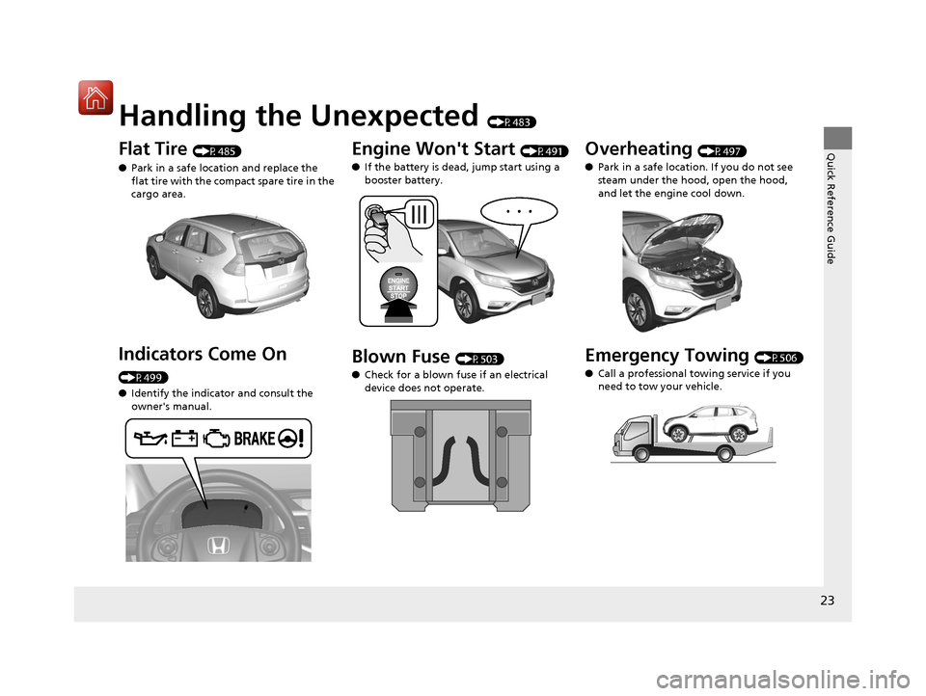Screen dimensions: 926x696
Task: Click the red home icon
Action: point(95,97)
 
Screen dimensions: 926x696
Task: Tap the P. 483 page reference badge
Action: point(512,121)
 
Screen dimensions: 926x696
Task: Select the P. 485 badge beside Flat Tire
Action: point(217,151)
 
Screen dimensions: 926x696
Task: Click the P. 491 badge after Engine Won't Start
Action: point(544,151)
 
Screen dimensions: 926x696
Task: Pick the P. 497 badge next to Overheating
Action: point(722,151)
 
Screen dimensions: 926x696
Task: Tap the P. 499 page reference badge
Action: point(144,377)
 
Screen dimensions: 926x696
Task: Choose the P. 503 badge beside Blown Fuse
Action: point(479,359)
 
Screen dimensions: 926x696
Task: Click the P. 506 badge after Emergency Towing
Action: point(779,358)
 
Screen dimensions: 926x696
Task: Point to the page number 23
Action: point(828,601)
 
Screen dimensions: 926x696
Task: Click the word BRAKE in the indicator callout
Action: point(255,439)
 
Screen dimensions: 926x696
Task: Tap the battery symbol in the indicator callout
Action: point(184,438)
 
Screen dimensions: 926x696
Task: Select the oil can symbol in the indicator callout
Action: point(150,438)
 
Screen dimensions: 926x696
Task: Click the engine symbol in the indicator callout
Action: point(216,439)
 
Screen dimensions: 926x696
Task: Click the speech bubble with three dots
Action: point(519,211)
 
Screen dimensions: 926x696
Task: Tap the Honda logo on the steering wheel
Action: point(218,546)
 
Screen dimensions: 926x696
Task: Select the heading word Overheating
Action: point(639,148)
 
